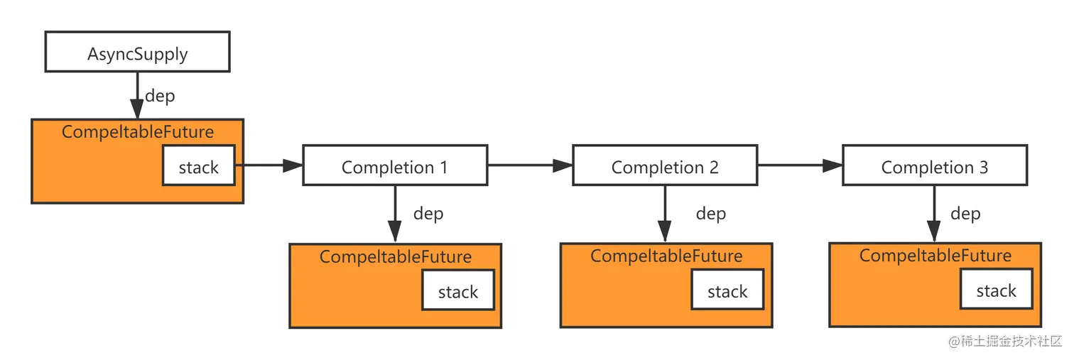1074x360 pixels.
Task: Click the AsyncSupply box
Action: tap(137, 52)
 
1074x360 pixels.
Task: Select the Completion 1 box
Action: tap(395, 166)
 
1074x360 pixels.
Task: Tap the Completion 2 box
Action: tap(665, 166)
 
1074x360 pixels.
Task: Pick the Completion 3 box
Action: tap(934, 166)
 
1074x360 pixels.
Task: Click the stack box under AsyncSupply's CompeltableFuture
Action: tap(199, 166)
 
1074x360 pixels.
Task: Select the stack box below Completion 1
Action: tap(458, 291)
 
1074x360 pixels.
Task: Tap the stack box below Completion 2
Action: tap(727, 291)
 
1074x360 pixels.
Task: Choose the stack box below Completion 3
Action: tap(996, 290)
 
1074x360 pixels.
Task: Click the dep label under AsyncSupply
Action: tap(160, 96)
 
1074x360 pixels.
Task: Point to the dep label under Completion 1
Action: tap(428, 214)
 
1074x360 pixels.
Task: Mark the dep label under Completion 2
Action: tap(710, 214)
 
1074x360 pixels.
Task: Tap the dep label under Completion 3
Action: tap(965, 214)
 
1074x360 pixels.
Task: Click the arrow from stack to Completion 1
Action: tap(268, 165)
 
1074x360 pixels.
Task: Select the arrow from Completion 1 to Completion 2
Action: tap(530, 165)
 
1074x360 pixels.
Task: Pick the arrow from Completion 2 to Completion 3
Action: tap(800, 165)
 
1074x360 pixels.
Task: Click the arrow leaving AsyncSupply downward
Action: tap(137, 95)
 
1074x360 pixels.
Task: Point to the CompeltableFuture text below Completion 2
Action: tap(666, 256)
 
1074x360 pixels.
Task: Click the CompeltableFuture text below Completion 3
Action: tap(935, 255)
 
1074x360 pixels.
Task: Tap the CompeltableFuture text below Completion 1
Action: tap(395, 256)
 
